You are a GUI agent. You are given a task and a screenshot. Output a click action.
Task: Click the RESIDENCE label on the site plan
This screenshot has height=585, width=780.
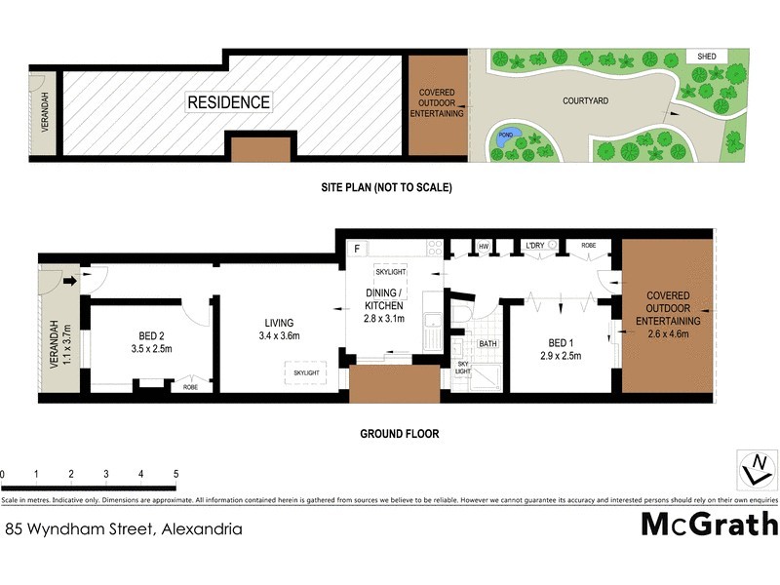coord(229,101)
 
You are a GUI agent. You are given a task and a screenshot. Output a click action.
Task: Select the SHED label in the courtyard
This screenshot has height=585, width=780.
coord(706,57)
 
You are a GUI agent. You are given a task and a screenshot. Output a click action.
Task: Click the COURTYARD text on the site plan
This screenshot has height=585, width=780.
coord(587,100)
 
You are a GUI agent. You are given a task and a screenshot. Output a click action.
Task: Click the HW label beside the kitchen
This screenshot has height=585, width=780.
coord(483,247)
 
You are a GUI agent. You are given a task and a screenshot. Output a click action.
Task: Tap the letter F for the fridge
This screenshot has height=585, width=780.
coord(358,248)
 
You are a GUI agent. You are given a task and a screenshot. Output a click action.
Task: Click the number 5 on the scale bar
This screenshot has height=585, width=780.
coord(175,474)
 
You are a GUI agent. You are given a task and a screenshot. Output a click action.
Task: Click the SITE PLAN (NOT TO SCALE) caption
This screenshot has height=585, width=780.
coord(387,187)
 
